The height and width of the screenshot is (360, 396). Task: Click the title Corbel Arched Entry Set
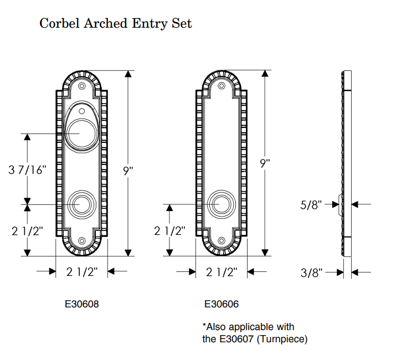pyautogui.click(x=116, y=23)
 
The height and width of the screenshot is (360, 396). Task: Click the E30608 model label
pyautogui.click(x=82, y=304)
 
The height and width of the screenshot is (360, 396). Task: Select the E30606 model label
pyautogui.click(x=222, y=304)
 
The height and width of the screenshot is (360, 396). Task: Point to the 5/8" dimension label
pyautogui.click(x=312, y=205)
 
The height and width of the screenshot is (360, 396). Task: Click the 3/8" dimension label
pyautogui.click(x=312, y=272)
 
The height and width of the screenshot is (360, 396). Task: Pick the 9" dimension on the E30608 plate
pyautogui.click(x=128, y=171)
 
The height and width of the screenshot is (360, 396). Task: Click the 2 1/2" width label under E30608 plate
pyautogui.click(x=82, y=272)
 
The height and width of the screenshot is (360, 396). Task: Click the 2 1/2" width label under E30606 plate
pyautogui.click(x=222, y=272)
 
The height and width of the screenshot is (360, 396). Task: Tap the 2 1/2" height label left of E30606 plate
pyautogui.click(x=169, y=230)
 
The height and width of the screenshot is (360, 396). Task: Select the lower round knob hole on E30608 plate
pyautogui.click(x=82, y=204)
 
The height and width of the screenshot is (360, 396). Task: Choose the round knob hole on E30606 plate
pyautogui.click(x=222, y=204)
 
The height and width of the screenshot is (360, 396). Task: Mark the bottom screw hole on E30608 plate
pyautogui.click(x=82, y=241)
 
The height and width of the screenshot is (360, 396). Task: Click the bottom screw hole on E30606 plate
pyautogui.click(x=222, y=241)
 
